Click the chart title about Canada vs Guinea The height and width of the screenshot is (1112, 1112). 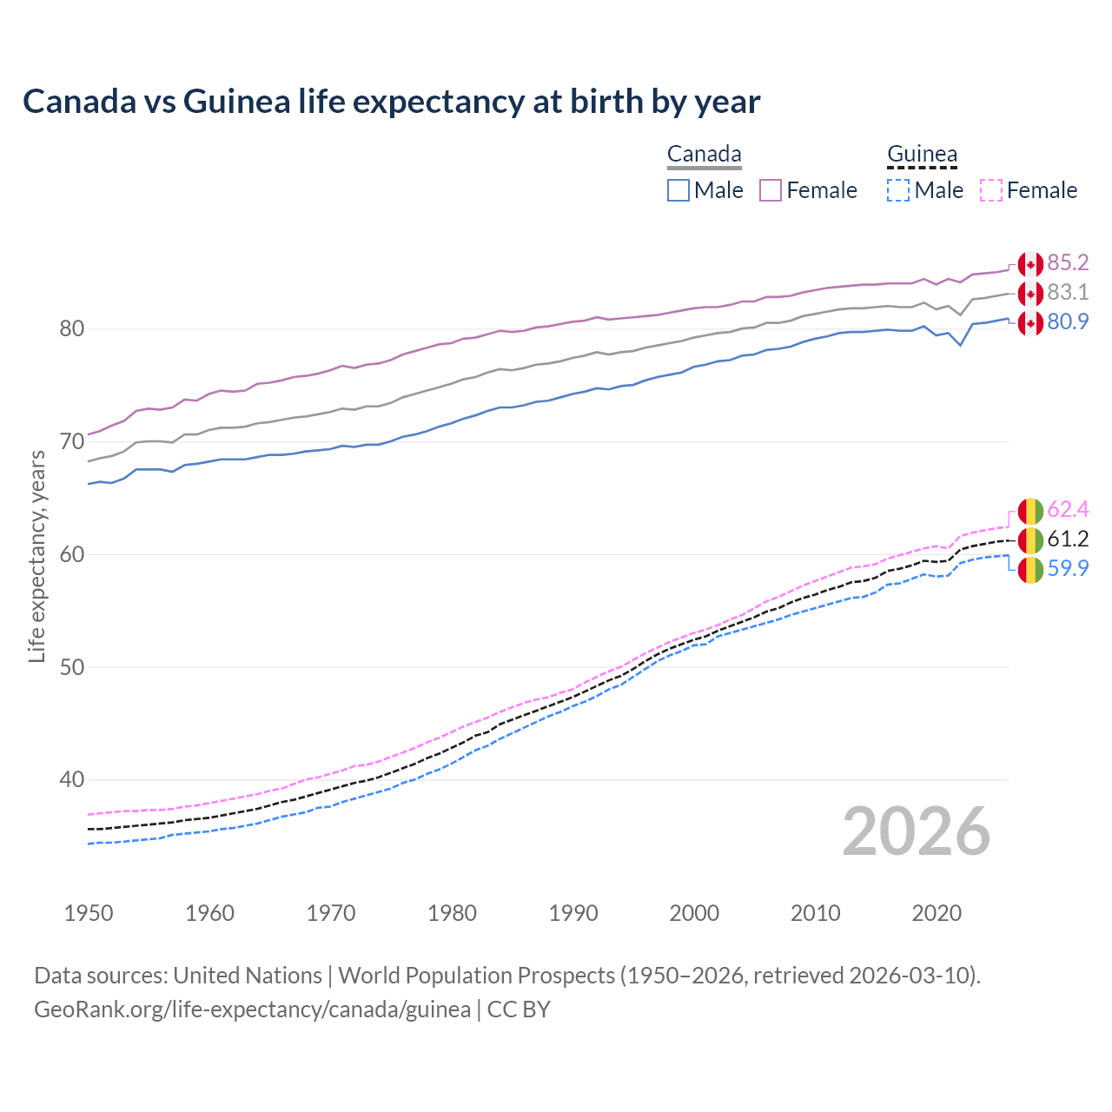click(391, 102)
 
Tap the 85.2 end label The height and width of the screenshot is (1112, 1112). click(1068, 263)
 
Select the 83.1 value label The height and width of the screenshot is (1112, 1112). click(1068, 293)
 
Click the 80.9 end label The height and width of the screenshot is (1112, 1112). click(1068, 322)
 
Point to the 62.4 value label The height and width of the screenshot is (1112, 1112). click(1068, 510)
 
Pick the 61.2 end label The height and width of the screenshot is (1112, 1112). click(1068, 539)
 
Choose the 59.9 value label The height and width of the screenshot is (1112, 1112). click(1068, 569)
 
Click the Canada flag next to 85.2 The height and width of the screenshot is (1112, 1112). click(1030, 264)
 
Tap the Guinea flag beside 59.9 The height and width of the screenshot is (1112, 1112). click(1030, 570)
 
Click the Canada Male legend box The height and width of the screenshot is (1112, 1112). click(678, 190)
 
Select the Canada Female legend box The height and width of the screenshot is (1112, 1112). click(771, 190)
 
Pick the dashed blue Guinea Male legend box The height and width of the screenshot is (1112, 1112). click(898, 190)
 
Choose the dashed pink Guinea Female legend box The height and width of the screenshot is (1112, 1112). click(990, 190)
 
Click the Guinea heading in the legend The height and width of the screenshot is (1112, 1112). click(922, 155)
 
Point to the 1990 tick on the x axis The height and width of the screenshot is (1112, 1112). click(573, 913)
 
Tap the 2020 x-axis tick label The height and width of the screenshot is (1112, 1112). click(937, 913)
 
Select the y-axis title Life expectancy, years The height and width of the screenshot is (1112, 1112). click(36, 556)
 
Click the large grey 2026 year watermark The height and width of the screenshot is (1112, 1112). click(916, 831)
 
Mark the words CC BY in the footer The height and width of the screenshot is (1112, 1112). click(519, 1009)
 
